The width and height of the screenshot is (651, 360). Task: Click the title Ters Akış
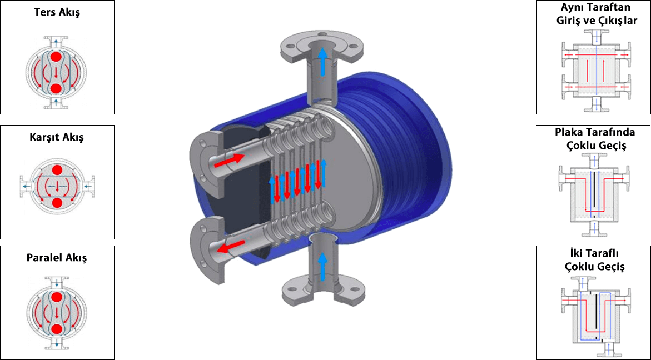[x=57, y=12]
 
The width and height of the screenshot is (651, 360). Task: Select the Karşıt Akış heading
[x=57, y=137]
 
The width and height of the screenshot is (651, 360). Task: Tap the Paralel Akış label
[x=57, y=258]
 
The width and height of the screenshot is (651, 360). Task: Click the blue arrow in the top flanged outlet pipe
[x=322, y=61]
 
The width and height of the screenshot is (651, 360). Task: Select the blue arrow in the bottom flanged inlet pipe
[x=322, y=266]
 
